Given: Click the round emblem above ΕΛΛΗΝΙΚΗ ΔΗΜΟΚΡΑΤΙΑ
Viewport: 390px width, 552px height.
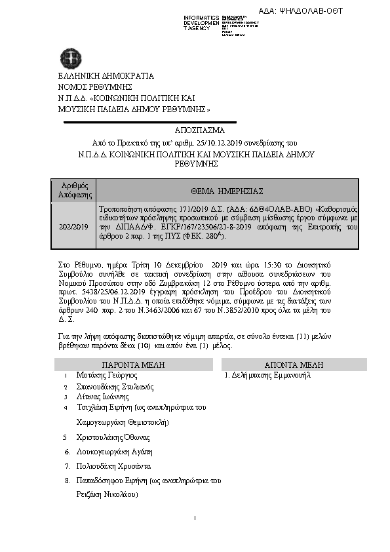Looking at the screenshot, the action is (68, 57).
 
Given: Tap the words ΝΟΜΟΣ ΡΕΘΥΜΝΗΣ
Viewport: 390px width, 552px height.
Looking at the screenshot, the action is (94, 86).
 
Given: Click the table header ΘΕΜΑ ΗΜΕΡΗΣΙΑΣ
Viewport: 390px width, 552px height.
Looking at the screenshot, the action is (227, 190).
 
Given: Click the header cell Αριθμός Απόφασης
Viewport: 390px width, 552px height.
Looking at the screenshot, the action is (73, 190).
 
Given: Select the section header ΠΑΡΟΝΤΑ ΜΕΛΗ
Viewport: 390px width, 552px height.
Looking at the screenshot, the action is (133, 365).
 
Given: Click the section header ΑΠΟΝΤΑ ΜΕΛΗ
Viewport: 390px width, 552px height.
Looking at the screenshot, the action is (290, 365).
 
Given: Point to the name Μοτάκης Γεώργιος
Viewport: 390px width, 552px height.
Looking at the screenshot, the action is (106, 376).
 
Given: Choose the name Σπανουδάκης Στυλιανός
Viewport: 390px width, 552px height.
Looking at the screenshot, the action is (115, 386).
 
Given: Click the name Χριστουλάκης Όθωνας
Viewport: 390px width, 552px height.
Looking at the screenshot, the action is (113, 437).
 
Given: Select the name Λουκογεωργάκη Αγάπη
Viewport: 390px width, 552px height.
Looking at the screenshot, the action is (114, 452).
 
